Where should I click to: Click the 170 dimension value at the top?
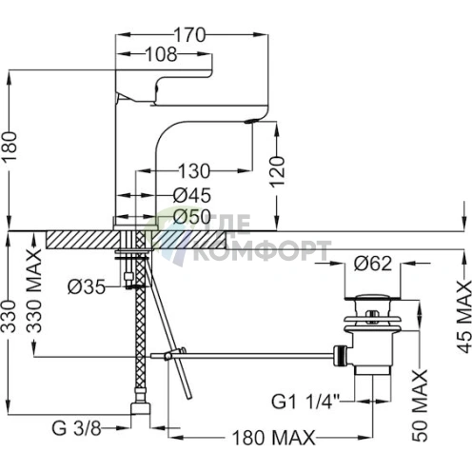tap(190, 35)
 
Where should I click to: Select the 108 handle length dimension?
tap(161, 54)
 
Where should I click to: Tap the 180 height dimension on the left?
tap(10, 147)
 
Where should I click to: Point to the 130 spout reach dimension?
tap(194, 171)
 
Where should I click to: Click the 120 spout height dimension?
tap(278, 171)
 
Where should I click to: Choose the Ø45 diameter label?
tap(192, 195)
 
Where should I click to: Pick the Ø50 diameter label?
tap(192, 217)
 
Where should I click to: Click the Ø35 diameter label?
tap(87, 287)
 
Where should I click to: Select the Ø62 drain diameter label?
tap(373, 264)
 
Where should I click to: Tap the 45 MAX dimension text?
tap(464, 317)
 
